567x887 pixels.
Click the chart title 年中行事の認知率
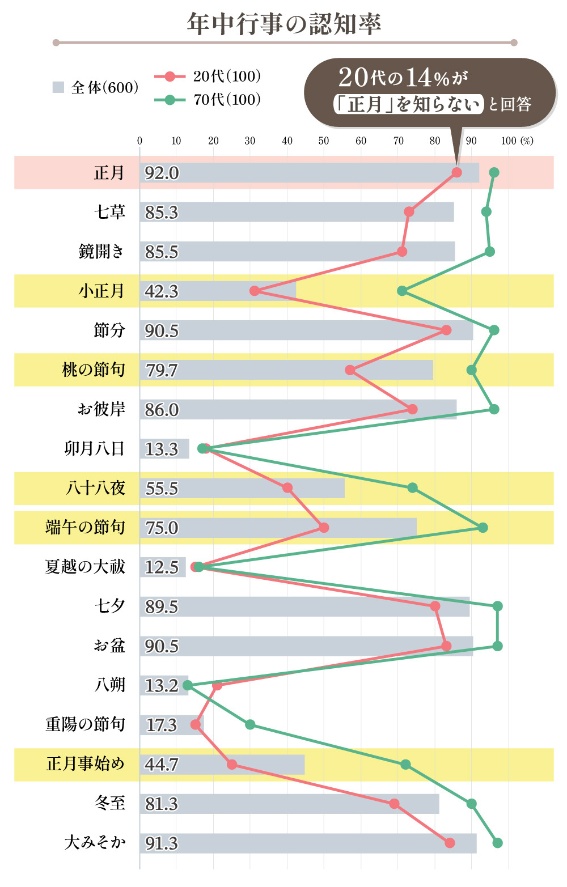coord(283,24)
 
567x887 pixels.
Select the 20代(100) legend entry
coord(208,77)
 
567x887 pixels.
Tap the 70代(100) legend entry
coord(208,100)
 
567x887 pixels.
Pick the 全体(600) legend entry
coord(95,87)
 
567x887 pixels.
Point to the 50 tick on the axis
coord(324,141)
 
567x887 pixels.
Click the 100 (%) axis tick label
coord(517,141)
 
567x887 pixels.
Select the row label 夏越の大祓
coord(85,567)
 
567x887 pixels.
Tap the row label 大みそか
coord(95,843)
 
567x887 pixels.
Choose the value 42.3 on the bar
coord(162,291)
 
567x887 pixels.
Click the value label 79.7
coord(162,370)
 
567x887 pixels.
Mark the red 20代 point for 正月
coord(456,172)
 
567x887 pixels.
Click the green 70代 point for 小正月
coord(402,291)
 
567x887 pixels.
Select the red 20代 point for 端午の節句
coord(324,528)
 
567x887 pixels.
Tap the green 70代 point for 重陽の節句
coord(250,724)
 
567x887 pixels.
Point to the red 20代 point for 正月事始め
coord(232,765)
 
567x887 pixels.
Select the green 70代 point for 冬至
coord(471,804)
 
